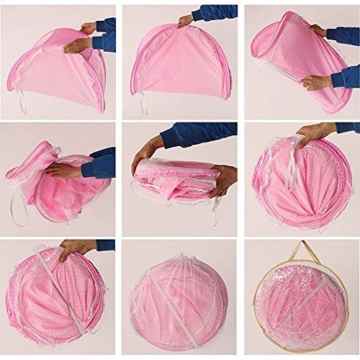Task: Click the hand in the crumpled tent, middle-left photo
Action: pyautogui.click(x=66, y=171)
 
